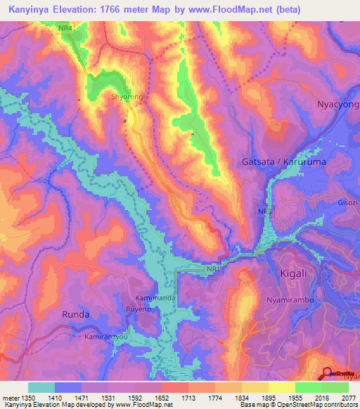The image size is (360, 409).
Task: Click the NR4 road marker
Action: [65, 27]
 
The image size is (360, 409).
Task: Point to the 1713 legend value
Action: [188, 397]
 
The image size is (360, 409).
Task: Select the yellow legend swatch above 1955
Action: [282, 387]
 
